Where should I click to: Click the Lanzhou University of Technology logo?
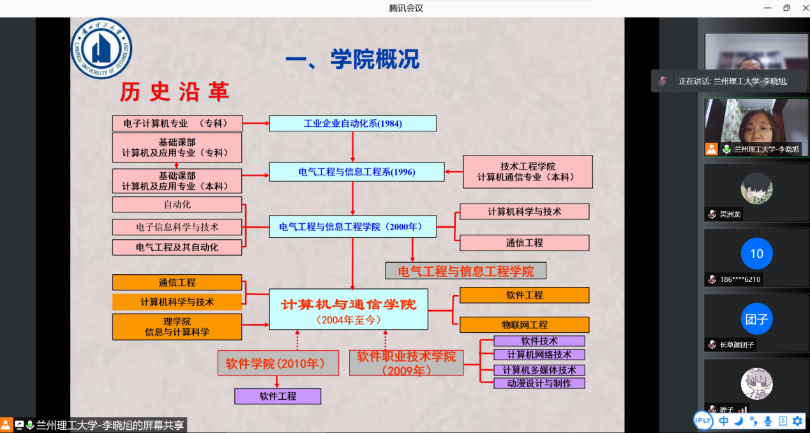coord(101,48)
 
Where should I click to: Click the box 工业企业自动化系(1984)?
coord(352,123)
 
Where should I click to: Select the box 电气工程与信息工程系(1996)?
coord(356,172)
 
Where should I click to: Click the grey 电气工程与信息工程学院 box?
coord(465,270)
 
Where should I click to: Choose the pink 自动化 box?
coord(177,205)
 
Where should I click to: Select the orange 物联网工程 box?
coord(524,325)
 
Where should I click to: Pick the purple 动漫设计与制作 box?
coord(539,383)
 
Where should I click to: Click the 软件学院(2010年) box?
coord(278,363)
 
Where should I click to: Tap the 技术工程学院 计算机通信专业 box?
coord(527,172)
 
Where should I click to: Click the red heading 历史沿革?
coord(174,92)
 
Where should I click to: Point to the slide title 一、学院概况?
coord(352,59)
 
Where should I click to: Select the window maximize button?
coord(786,8)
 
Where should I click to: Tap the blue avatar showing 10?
coord(756,254)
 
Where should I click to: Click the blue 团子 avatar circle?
coord(756,319)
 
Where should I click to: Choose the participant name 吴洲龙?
coord(730,214)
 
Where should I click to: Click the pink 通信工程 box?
coord(524,243)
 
